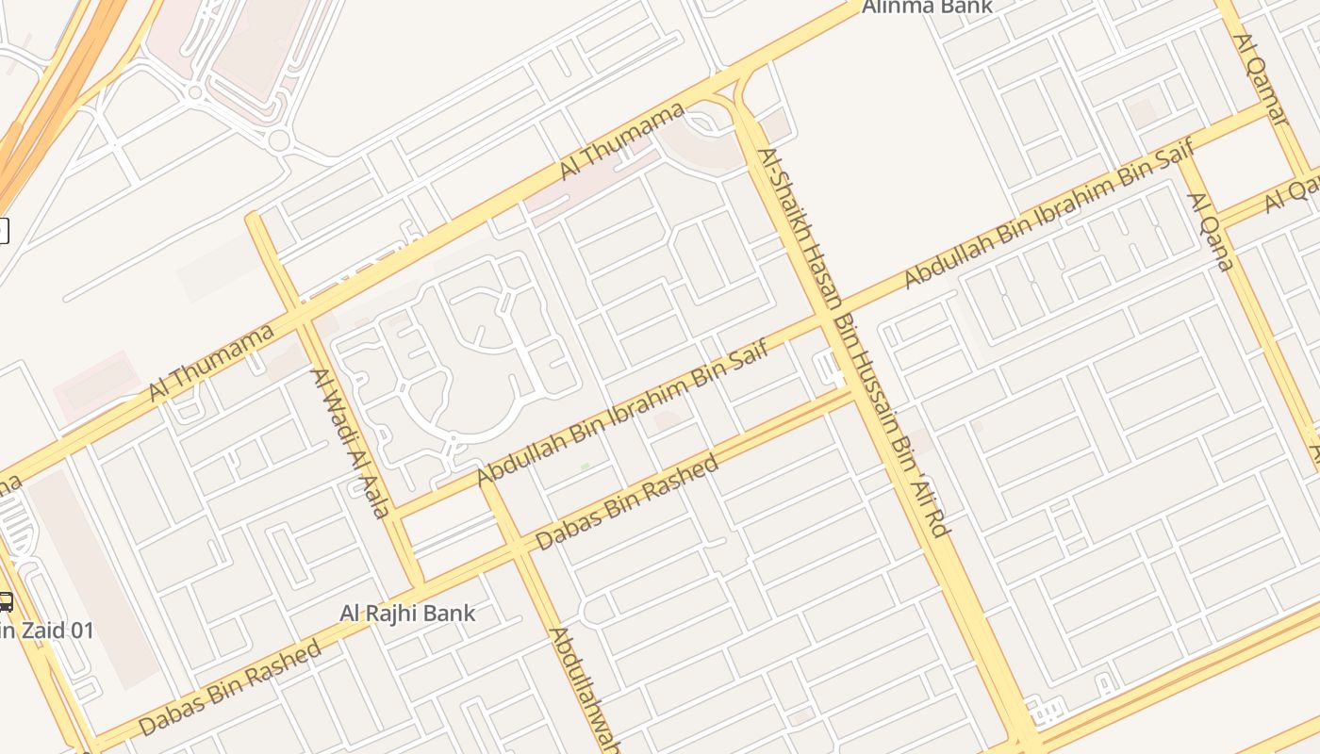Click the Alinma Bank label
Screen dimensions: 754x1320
928,7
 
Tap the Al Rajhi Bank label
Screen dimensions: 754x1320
407,614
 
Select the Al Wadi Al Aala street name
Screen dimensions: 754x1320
351,443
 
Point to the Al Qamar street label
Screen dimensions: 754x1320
1261,79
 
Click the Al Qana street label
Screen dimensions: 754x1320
1211,231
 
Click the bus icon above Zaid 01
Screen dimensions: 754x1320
5,602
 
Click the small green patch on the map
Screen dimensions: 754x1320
585,466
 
